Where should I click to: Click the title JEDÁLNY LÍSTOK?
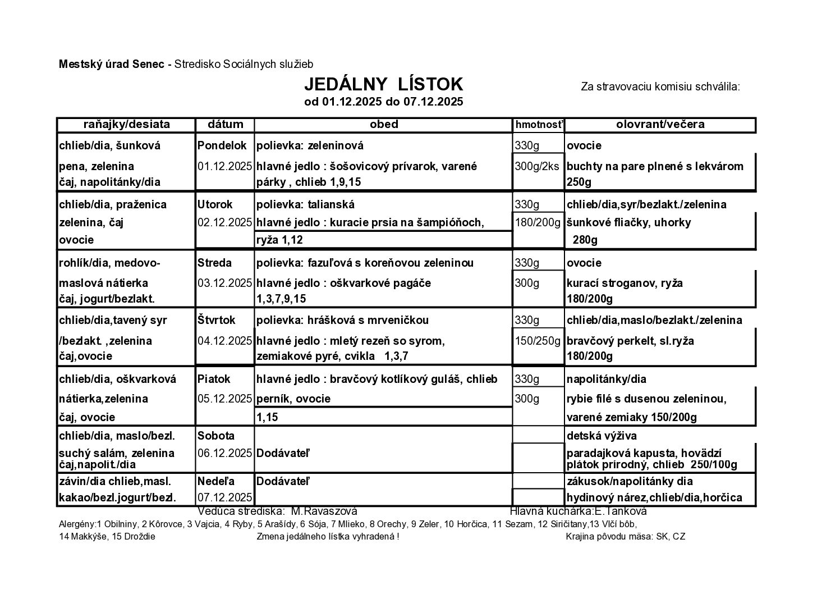pos(383,84)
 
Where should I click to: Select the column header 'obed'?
pos(384,125)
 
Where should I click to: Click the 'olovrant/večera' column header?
pos(660,125)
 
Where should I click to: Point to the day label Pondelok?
pos(222,146)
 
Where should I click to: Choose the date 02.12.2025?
pos(224,222)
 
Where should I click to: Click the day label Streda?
pos(214,263)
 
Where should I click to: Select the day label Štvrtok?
pos(217,321)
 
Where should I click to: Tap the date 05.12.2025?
pos(224,399)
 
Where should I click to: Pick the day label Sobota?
pos(216,436)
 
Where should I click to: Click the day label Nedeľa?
pos(216,481)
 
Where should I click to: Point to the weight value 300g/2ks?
pos(538,166)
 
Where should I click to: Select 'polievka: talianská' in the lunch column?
pos(305,204)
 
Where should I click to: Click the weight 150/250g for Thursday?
pos(538,341)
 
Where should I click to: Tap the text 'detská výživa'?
pos(602,436)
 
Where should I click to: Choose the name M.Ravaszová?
pos(324,511)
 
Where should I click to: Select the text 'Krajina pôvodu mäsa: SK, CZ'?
pos(625,537)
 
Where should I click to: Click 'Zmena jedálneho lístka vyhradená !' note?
pos(328,537)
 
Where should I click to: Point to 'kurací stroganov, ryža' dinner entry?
pos(625,283)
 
